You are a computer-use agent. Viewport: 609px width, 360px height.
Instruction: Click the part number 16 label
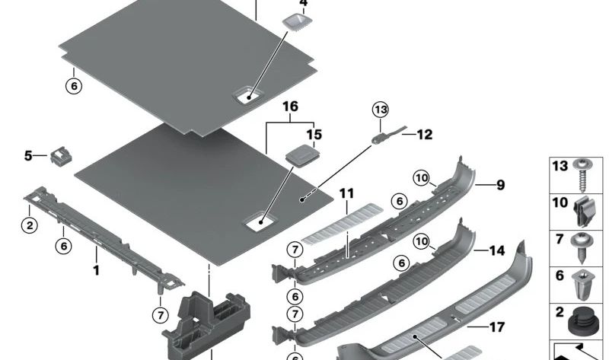coord(291,107)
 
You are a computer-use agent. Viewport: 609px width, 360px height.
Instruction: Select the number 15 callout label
coord(314,135)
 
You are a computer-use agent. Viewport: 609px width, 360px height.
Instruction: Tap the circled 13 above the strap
coord(381,110)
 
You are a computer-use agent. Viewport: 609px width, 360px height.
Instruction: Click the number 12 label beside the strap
coord(425,135)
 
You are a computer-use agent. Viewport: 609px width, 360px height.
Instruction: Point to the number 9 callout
coord(501,185)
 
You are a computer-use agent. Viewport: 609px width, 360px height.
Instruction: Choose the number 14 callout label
coord(497,251)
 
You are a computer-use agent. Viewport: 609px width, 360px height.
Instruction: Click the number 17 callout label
coord(497,327)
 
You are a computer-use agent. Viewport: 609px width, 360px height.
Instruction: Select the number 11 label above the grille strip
coord(347,193)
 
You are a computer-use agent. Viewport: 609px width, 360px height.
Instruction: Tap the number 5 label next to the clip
coord(28,156)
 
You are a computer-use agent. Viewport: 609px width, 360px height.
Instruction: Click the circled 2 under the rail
coord(30,225)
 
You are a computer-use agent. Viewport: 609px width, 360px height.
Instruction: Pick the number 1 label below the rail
coord(97,270)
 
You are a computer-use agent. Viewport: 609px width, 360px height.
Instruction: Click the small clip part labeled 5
coord(61,156)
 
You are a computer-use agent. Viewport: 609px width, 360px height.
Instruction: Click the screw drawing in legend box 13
coord(582,175)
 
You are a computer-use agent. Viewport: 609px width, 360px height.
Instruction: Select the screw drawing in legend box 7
coord(582,248)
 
